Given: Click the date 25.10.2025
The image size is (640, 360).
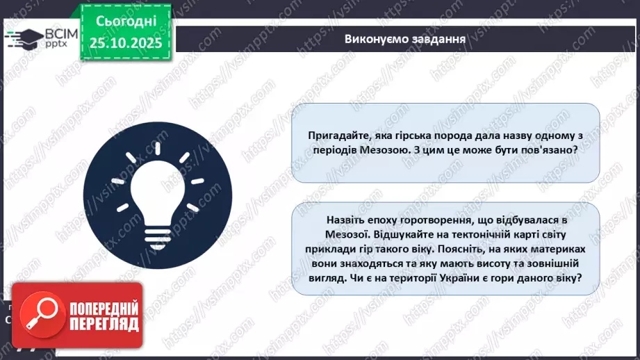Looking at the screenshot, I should click(125, 43).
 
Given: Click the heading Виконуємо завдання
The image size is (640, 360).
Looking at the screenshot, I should click(405, 38).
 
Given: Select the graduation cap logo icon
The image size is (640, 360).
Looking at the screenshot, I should click(21, 37).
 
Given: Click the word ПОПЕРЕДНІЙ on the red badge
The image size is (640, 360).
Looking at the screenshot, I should click(102, 308).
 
